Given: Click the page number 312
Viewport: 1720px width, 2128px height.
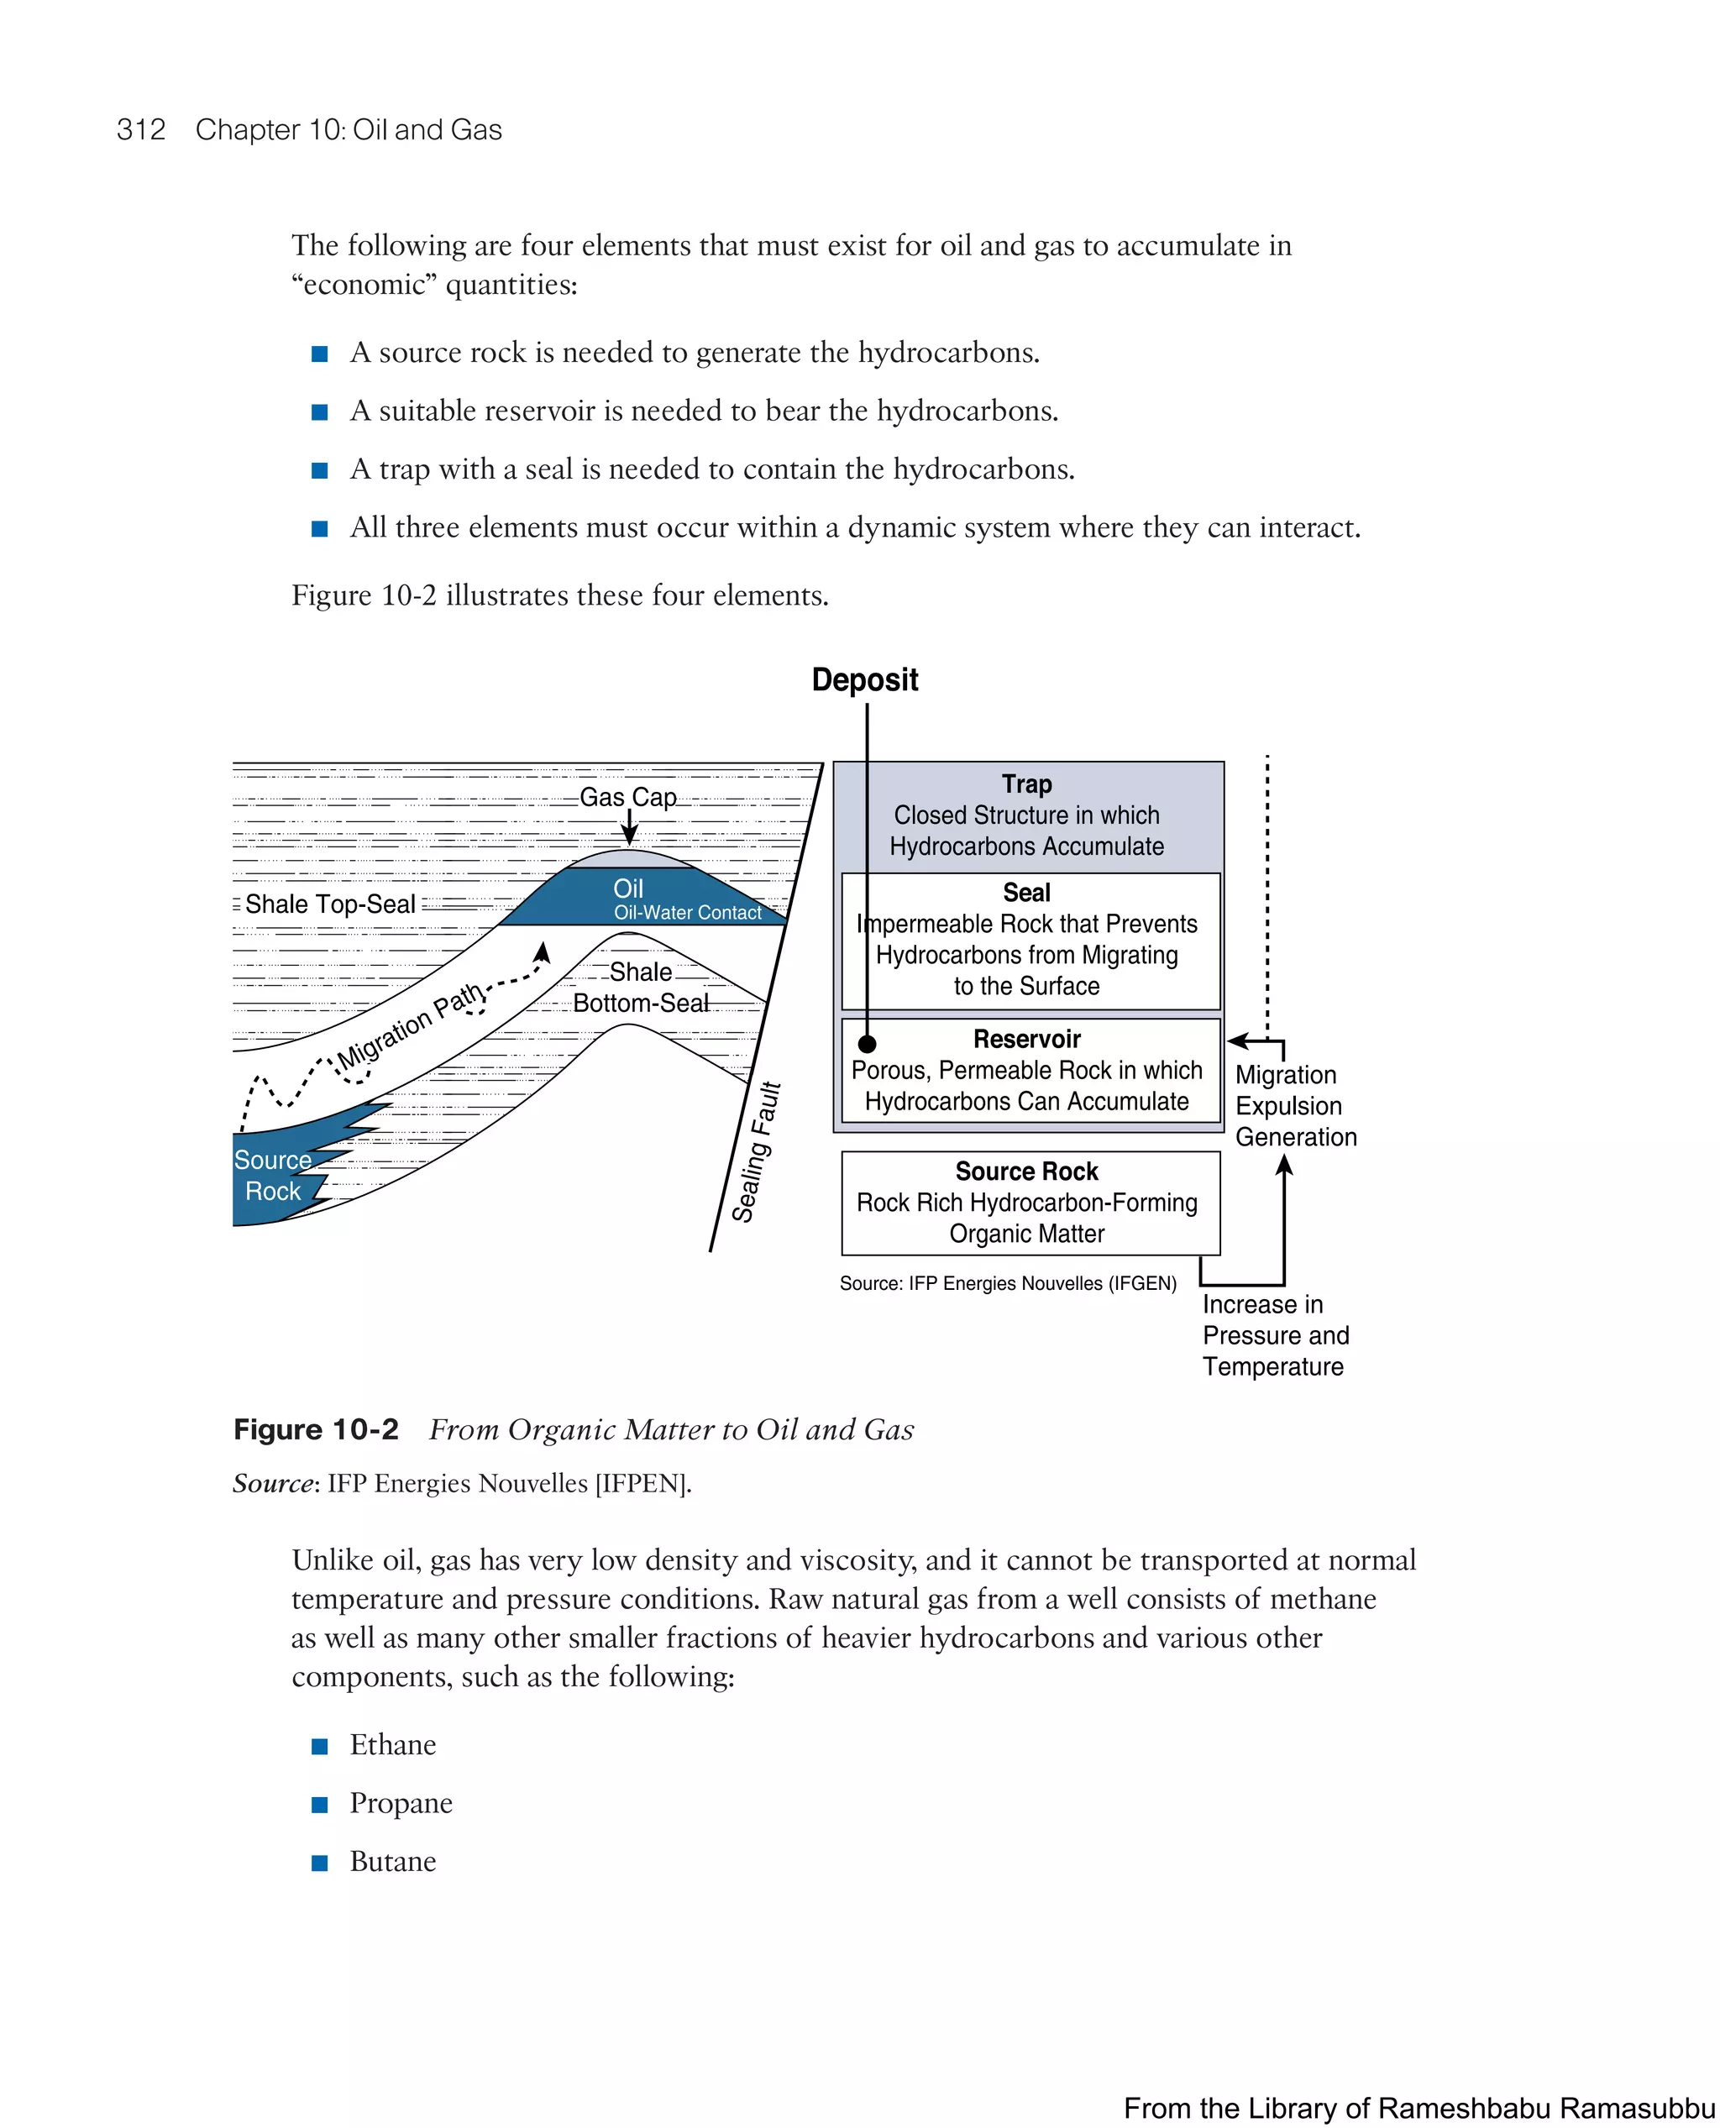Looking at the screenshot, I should point(141,130).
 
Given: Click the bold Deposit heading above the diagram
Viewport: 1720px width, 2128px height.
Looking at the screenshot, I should point(864,679).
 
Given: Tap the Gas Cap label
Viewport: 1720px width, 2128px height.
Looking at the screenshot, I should point(627,798).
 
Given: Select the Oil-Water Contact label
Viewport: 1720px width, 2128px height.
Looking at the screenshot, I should point(688,913).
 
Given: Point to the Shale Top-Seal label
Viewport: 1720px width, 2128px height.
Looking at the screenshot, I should point(330,904).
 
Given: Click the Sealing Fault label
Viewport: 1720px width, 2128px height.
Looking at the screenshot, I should point(757,1152).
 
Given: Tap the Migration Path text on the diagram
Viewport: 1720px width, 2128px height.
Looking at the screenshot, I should point(410,1026).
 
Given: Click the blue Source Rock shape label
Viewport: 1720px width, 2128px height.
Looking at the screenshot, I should point(272,1176).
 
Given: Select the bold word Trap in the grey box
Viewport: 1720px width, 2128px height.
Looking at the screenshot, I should point(1026,784).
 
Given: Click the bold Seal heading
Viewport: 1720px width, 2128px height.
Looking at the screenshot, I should point(1026,893).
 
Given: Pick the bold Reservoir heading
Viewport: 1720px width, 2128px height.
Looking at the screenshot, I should point(1026,1040).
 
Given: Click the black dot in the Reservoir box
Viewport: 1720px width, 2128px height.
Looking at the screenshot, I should point(867,1043).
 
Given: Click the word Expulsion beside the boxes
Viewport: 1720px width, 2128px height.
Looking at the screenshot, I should point(1288,1106).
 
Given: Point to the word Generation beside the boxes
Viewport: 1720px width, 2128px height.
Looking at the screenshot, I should point(1296,1137).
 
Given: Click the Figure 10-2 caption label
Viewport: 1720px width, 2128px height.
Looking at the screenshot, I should point(316,1429).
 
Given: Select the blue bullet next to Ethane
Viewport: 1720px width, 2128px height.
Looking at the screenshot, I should point(320,1747).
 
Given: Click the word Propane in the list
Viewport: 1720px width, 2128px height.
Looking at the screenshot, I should point(401,1803).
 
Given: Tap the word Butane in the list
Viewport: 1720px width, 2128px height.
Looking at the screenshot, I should point(392,1862).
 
